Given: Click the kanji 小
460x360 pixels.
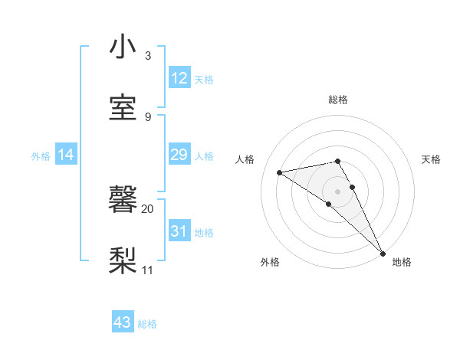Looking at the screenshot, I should click(123, 47).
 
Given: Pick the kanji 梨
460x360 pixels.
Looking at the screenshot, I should click(123, 260).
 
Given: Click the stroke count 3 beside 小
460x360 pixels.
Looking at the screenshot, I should click(148, 56).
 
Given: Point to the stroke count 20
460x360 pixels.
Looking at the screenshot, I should click(148, 208).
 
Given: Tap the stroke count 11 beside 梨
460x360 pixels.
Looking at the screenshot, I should click(148, 270).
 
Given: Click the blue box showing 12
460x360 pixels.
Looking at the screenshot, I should click(179, 78).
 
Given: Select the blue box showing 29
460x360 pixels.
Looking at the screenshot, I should click(179, 155).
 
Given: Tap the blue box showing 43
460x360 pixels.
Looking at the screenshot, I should click(123, 323).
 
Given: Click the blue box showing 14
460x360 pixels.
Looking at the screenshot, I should click(66, 155).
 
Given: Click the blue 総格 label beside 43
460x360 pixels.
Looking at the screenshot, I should click(147, 324).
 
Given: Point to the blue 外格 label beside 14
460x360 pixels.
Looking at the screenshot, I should click(41, 156).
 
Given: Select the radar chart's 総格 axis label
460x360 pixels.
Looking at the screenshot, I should click(338, 100).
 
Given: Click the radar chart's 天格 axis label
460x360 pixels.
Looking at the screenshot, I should click(431, 159).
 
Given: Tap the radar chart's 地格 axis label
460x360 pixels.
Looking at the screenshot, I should click(402, 262).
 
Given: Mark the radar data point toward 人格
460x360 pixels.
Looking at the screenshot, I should click(280, 172).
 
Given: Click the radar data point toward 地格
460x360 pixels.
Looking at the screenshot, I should click(383, 254).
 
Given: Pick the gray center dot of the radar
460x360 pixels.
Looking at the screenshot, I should click(338, 191).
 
